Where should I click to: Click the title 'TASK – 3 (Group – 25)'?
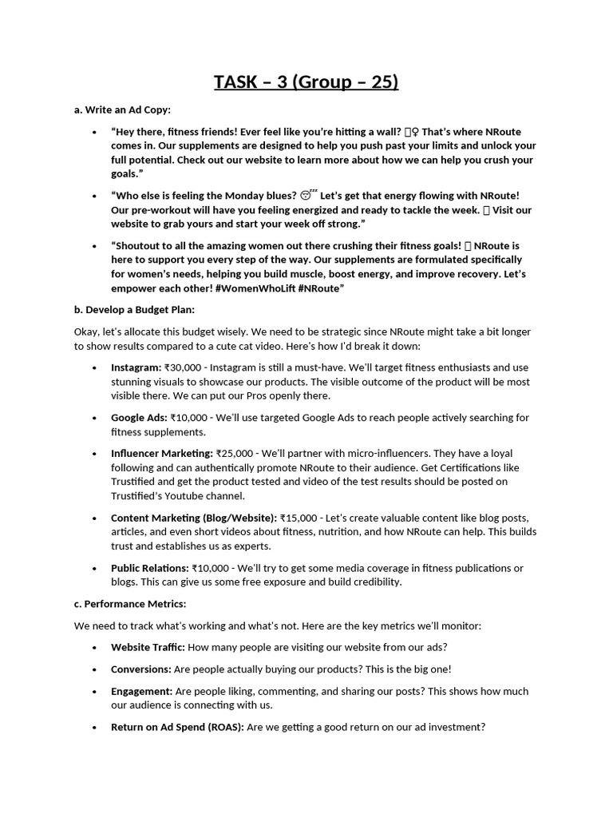point(306,81)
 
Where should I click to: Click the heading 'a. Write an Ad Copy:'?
point(122,109)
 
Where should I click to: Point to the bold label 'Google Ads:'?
point(139,418)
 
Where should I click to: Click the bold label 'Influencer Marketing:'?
point(162,454)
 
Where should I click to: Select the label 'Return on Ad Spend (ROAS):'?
point(177,727)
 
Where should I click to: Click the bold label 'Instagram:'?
point(136,367)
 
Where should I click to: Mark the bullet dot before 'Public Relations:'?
point(94,568)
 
